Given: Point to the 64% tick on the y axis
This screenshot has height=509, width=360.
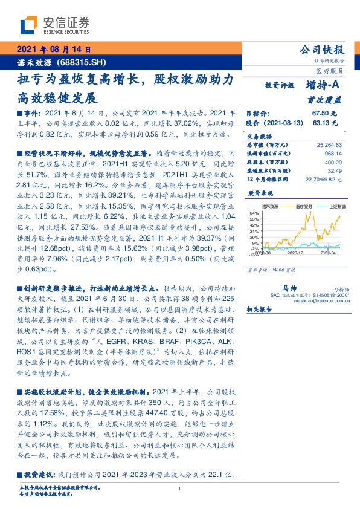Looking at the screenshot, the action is pos(254,213).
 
